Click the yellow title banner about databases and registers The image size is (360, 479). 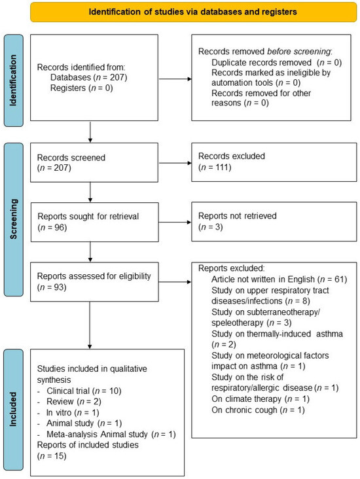click(x=179, y=11)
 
